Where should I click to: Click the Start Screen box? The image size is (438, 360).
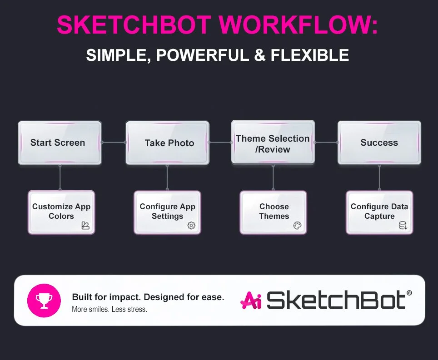(59, 143)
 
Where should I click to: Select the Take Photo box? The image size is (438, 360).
(167, 143)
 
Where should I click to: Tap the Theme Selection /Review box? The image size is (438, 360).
(273, 142)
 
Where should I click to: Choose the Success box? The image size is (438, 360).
(379, 143)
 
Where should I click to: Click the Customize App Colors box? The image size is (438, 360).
(61, 212)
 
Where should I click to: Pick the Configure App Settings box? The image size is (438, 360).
(167, 212)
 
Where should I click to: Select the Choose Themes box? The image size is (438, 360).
(273, 212)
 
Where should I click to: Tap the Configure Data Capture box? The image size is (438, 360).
(379, 212)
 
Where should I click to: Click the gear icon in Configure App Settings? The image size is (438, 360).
(191, 226)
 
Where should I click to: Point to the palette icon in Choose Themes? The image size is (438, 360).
(297, 226)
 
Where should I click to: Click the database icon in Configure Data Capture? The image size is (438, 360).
(403, 226)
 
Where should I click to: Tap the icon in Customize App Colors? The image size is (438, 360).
(85, 226)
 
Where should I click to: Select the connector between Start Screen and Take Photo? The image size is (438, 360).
(113, 142)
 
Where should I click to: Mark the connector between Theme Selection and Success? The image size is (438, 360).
(326, 142)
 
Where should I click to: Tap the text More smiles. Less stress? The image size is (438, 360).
(109, 310)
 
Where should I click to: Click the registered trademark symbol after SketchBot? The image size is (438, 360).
(409, 294)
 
